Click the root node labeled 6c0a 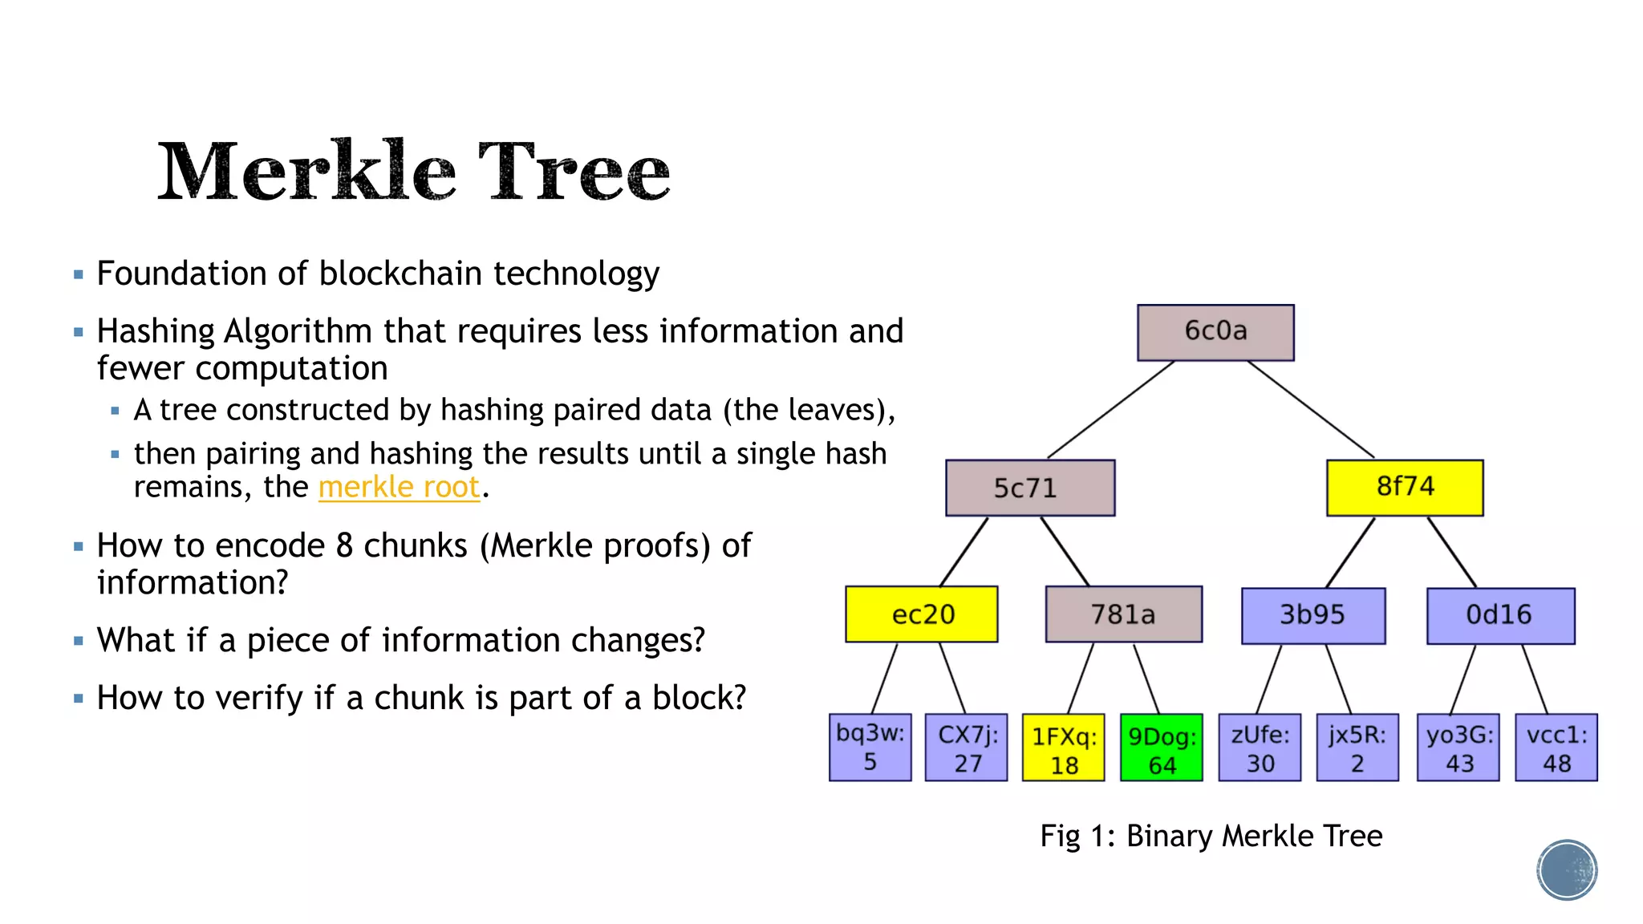(1215, 332)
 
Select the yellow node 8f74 (1405, 488)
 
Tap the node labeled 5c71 (1029, 488)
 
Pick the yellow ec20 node (922, 614)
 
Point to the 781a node (1123, 614)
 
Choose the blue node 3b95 (1312, 615)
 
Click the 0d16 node (1499, 615)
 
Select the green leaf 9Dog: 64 (1161, 748)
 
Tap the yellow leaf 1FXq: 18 (1063, 748)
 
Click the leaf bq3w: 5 (870, 747)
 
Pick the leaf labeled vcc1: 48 (1556, 747)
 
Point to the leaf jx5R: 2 (1357, 747)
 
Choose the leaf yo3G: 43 (1458, 747)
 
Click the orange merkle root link (399, 487)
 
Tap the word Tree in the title (574, 172)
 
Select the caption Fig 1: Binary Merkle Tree (1211, 836)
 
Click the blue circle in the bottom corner (1567, 869)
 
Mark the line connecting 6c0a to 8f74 (1311, 409)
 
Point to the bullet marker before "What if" (78, 641)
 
